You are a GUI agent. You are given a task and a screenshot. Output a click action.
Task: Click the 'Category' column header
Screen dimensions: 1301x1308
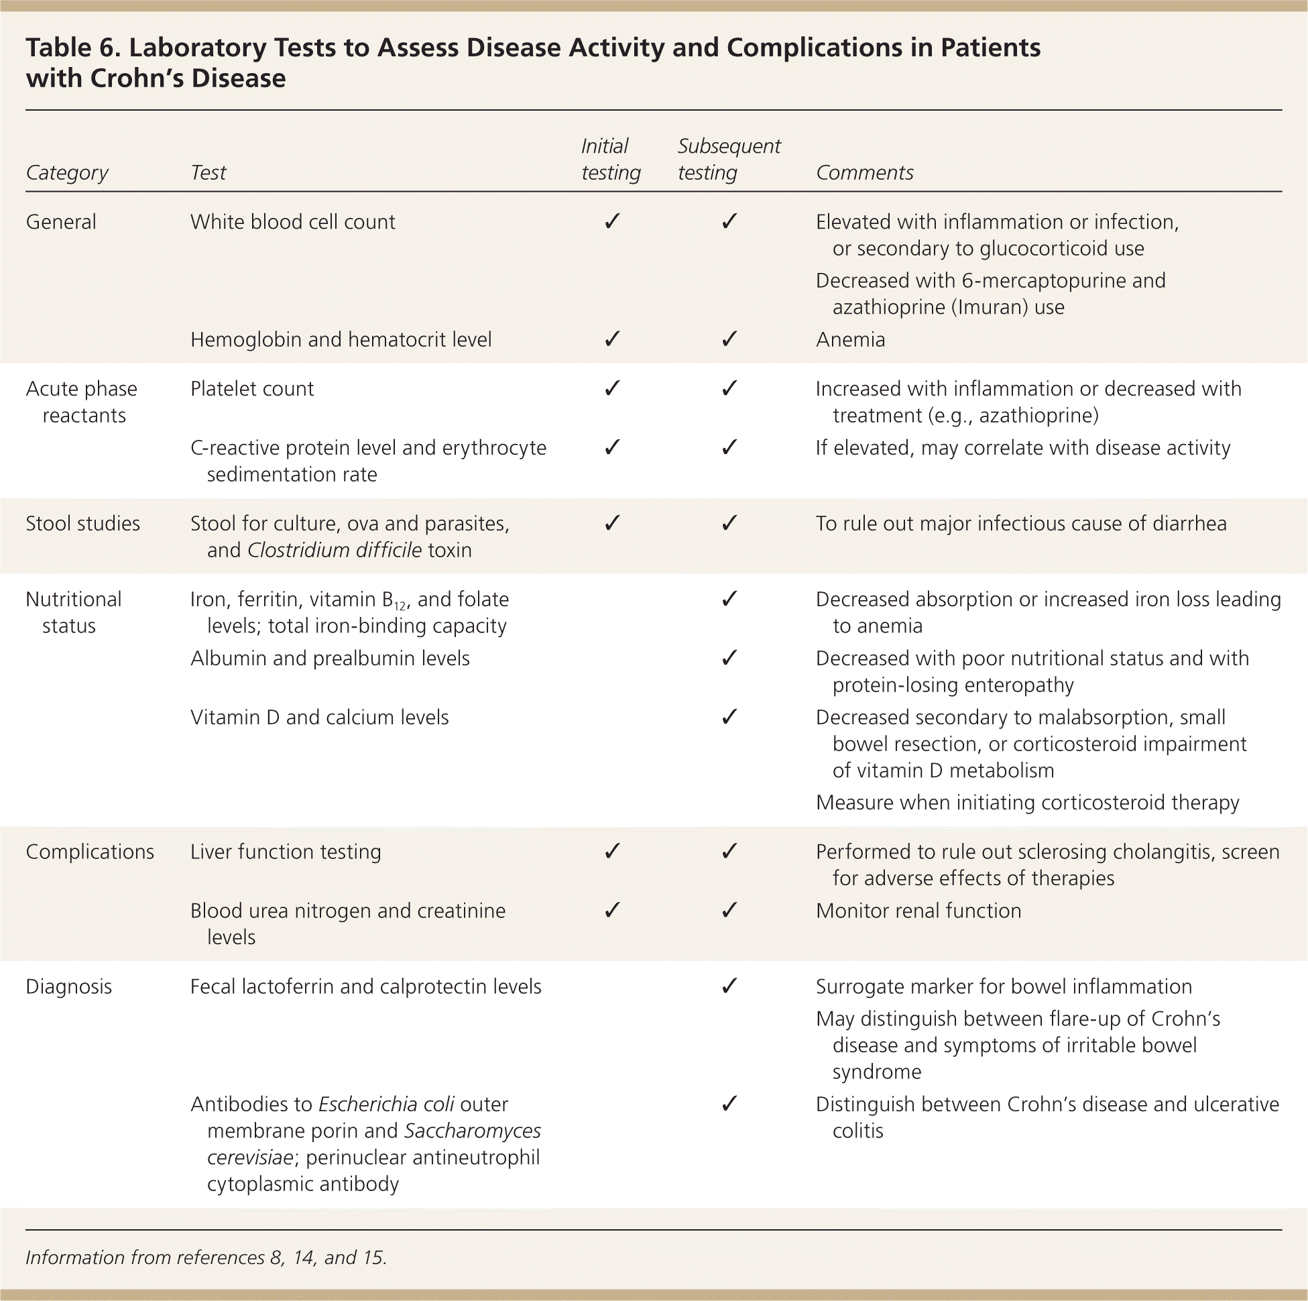[x=67, y=173]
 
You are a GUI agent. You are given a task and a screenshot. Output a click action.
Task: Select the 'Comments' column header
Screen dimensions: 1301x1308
[x=864, y=173]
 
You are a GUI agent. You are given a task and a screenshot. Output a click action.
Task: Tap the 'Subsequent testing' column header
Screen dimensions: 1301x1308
[x=729, y=159]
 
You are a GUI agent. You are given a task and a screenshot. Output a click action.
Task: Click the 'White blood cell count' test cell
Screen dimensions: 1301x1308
[x=292, y=222]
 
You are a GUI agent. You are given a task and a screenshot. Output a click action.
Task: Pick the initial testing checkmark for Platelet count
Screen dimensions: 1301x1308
[x=612, y=388]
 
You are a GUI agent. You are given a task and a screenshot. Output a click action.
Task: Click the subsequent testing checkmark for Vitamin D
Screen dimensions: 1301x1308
[x=729, y=716]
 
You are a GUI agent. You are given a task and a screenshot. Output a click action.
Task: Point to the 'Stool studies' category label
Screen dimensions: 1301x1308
[x=82, y=524]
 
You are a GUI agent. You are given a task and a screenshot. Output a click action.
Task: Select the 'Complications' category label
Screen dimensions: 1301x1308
[x=90, y=851]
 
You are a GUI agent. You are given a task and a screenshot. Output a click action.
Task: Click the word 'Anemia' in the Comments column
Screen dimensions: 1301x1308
[x=850, y=339]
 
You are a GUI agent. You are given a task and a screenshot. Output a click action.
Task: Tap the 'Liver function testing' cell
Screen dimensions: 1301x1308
[x=286, y=851]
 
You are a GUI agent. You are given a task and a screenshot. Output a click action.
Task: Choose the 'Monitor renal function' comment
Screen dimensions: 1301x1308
[x=918, y=910]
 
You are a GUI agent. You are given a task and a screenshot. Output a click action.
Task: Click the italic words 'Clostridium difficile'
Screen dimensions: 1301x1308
[x=335, y=550]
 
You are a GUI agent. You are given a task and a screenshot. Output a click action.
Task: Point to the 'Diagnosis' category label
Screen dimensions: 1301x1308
[x=68, y=986]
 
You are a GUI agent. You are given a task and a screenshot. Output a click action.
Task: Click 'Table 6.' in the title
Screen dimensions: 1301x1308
[x=71, y=48]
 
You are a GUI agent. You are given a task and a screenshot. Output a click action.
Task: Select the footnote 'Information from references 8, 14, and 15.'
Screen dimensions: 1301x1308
[x=206, y=1257]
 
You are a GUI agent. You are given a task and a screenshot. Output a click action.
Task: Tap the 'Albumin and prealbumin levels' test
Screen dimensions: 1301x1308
[x=330, y=659]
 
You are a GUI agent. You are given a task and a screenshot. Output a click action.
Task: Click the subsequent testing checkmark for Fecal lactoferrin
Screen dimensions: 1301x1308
[x=729, y=986]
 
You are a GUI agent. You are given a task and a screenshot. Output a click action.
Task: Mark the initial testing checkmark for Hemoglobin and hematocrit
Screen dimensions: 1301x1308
[x=612, y=339]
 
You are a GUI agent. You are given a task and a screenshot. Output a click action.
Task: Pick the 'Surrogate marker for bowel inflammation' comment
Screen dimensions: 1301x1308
[x=1004, y=986]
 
